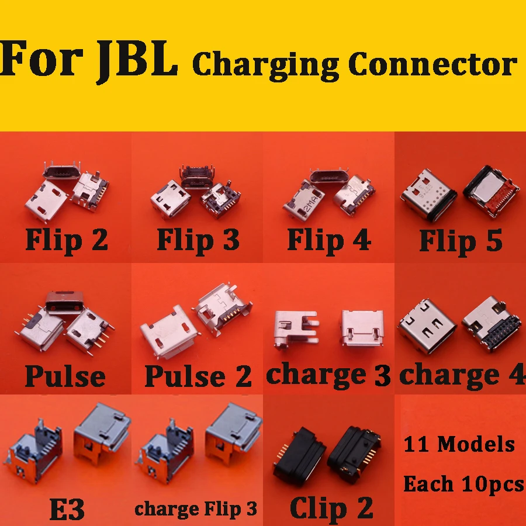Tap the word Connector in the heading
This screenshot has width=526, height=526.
tap(432, 64)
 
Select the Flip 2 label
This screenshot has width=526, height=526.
tap(67, 239)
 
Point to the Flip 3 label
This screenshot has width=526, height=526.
tap(198, 239)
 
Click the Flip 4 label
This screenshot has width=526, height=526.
tap(329, 239)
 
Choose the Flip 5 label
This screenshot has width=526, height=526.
tap(461, 240)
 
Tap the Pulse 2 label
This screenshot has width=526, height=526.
tap(198, 375)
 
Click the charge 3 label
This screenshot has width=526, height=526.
tap(328, 374)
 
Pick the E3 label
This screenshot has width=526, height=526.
tap(66, 510)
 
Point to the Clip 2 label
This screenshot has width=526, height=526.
tap(331, 507)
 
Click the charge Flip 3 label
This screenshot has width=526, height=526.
tap(196, 508)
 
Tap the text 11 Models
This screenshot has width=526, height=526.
tap(459, 444)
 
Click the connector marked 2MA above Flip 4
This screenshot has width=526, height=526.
tap(303, 199)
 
